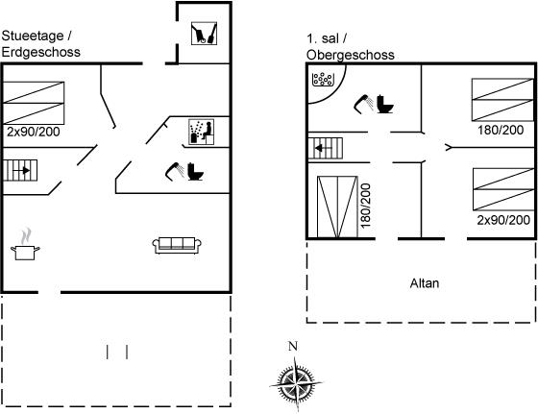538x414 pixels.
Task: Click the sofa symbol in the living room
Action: [x=177, y=246]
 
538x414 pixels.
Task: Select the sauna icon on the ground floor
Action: [x=202, y=132]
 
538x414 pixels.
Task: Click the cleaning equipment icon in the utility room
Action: [x=204, y=34]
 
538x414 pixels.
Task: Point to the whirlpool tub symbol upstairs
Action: [x=323, y=79]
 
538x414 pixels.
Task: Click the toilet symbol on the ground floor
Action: [x=196, y=172]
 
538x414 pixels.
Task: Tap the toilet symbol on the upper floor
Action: [x=385, y=104]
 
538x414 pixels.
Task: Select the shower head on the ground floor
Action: [x=174, y=171]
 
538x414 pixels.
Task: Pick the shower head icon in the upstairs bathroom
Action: [x=364, y=103]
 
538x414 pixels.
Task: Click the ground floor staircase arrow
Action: [x=21, y=170]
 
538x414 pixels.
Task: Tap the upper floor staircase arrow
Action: [x=324, y=148]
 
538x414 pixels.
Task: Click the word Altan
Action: [x=425, y=283]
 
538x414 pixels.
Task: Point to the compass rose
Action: [x=296, y=383]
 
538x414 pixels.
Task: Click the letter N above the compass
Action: [x=293, y=347]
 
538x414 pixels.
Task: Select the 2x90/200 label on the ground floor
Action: [x=34, y=132]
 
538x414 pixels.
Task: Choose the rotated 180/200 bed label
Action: [x=366, y=206]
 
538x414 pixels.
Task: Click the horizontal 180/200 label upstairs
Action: [x=501, y=130]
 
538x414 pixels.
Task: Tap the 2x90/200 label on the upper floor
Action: [x=503, y=220]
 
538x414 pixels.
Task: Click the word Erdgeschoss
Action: [x=40, y=52]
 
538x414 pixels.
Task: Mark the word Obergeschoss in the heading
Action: [x=351, y=55]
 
